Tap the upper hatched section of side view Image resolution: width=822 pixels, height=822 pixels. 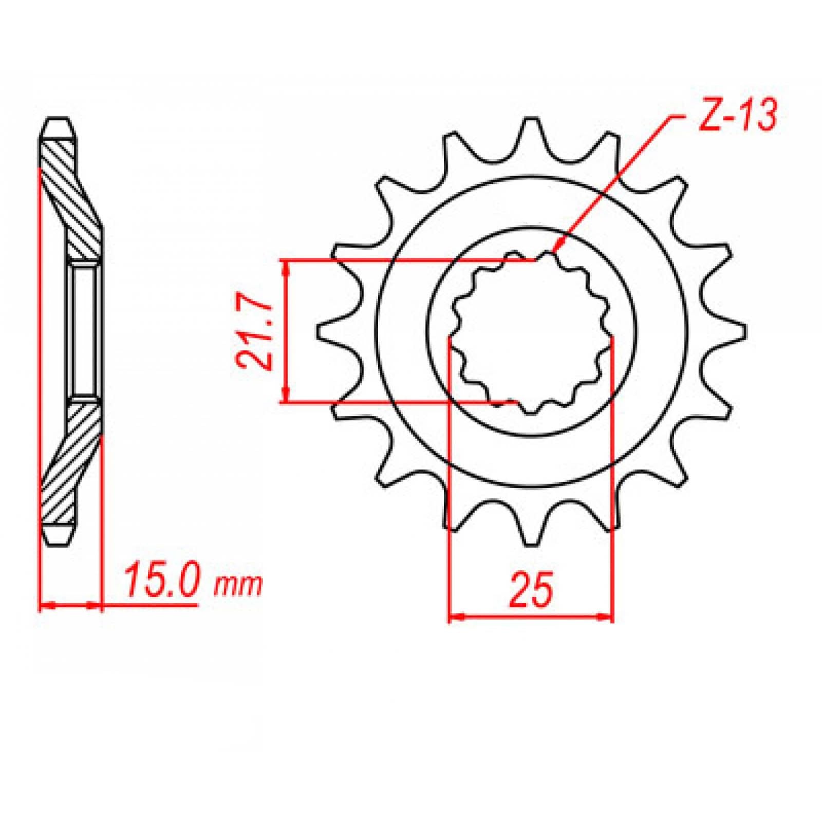pyautogui.click(x=72, y=200)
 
